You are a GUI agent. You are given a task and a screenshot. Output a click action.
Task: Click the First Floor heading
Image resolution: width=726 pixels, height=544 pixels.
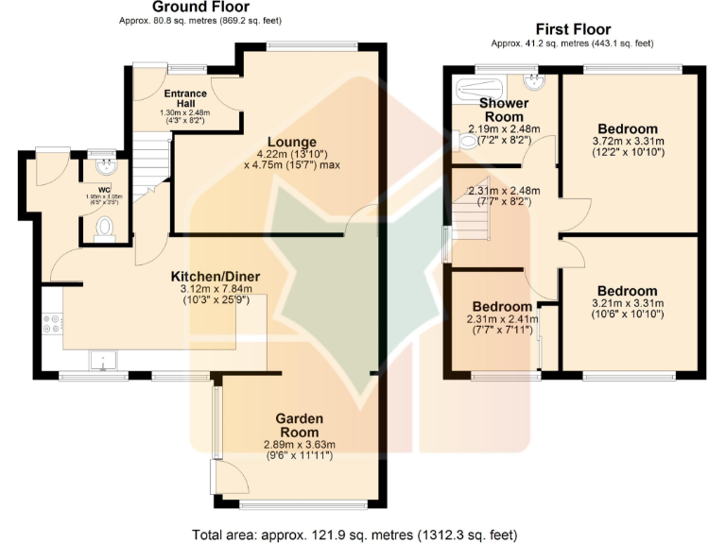[x=573, y=29]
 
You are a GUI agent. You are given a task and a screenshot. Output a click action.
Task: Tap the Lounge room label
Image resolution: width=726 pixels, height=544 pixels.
[x=291, y=143]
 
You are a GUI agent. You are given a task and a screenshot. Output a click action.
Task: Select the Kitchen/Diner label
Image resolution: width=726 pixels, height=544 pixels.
[x=215, y=276]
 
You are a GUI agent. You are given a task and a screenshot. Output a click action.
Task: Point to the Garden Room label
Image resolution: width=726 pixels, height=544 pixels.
[x=299, y=418]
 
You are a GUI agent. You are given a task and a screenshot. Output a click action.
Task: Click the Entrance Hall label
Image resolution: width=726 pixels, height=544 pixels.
[x=185, y=98]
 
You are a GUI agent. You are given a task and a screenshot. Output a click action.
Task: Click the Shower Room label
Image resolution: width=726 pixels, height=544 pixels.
[x=503, y=109]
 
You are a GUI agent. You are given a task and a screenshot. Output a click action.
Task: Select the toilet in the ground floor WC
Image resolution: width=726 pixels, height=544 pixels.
[x=104, y=228]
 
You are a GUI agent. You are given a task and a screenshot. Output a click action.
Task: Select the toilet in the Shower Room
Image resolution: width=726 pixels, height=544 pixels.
[x=465, y=142]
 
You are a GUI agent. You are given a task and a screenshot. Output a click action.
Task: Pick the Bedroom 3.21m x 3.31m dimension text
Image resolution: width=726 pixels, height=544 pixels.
[x=627, y=308]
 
